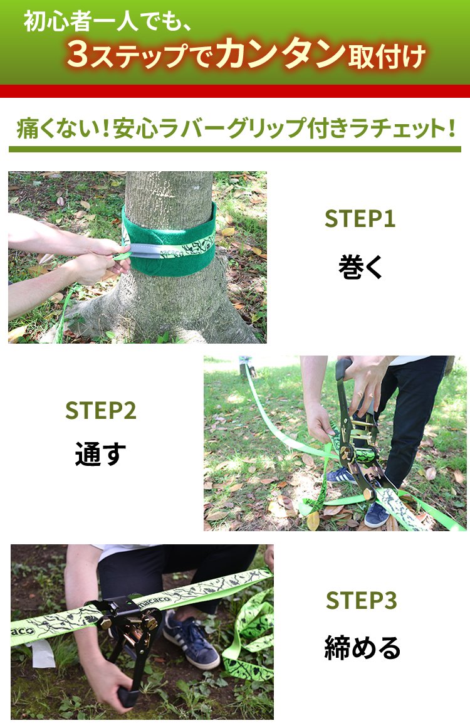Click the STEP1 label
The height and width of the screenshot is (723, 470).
[x=360, y=219]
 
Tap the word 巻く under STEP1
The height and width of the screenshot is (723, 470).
[x=360, y=266]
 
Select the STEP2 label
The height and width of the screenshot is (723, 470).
[x=100, y=410]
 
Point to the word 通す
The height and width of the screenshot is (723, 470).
[x=100, y=453]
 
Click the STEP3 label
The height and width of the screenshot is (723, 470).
[x=362, y=600]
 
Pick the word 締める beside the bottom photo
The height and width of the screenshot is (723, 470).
[x=362, y=647]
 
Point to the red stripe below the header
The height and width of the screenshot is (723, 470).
[x=235, y=91]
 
